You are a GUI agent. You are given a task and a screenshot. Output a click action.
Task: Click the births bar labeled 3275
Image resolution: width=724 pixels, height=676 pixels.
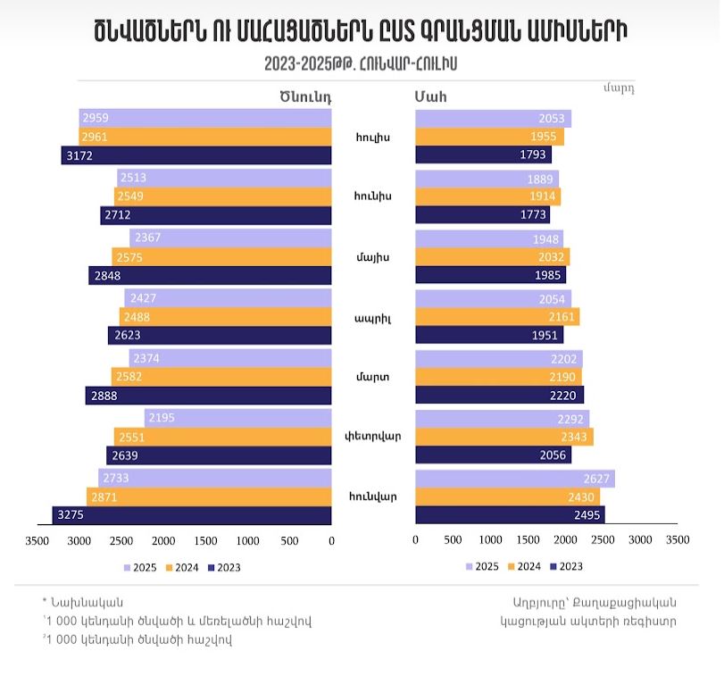(192, 514)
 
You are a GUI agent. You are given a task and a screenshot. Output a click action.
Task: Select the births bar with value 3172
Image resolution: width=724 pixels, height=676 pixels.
(196, 155)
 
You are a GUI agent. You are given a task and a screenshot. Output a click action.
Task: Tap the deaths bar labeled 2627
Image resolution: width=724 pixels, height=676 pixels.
(514, 478)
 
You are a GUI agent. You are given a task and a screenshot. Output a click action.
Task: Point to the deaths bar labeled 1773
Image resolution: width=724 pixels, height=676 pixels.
(482, 215)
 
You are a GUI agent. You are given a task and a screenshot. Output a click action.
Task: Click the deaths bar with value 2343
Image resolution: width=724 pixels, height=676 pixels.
(503, 437)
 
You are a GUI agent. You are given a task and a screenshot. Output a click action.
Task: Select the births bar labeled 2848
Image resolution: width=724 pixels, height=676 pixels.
(210, 275)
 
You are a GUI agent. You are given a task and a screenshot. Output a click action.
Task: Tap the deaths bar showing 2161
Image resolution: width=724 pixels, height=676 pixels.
(496, 317)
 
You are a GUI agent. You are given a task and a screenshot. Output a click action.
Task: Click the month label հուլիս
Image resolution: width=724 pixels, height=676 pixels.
(372, 137)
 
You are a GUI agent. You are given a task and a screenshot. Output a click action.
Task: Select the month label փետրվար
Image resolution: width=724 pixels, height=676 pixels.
(373, 437)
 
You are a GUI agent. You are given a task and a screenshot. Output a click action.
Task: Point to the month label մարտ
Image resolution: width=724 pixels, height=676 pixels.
(372, 377)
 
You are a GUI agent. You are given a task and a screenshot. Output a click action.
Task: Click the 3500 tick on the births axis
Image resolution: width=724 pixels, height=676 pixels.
(37, 540)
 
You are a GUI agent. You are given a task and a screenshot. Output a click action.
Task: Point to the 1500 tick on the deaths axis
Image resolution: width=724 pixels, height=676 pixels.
(528, 540)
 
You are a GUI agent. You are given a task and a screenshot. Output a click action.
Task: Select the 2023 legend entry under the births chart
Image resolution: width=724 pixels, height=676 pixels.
(223, 567)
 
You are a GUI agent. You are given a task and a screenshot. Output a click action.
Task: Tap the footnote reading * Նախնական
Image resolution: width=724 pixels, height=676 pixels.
(83, 602)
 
